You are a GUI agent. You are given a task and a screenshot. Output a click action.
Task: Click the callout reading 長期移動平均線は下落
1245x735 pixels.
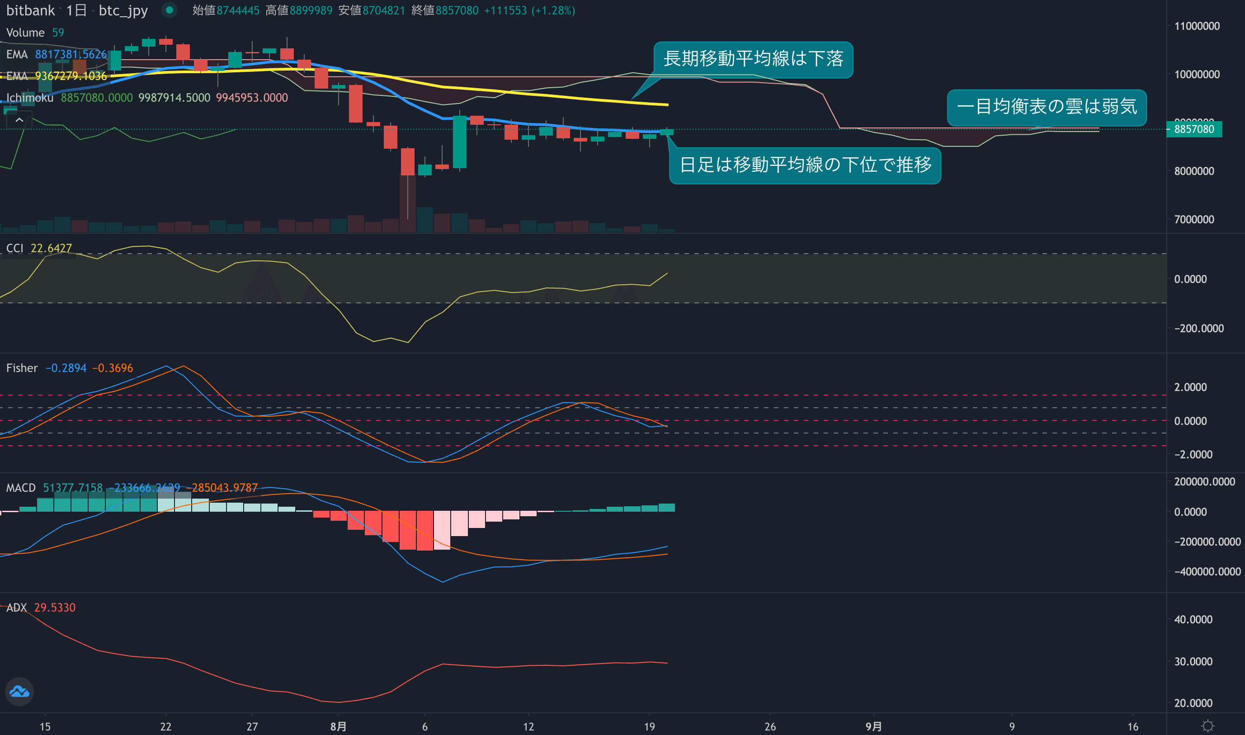tap(753, 59)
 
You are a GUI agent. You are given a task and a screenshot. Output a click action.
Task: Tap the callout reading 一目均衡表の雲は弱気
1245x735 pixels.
tap(1047, 107)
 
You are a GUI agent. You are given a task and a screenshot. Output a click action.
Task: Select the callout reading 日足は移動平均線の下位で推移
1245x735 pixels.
tap(805, 165)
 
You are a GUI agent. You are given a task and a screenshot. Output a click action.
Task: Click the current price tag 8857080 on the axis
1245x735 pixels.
tap(1193, 129)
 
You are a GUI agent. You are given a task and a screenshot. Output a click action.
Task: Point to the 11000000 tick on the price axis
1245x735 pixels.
tap(1197, 26)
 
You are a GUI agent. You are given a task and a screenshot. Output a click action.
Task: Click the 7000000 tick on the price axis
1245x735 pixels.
tap(1193, 219)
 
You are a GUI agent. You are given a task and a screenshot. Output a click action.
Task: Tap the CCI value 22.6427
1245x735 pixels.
tap(51, 248)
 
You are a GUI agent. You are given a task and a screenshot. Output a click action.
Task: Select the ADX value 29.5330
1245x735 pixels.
tap(55, 607)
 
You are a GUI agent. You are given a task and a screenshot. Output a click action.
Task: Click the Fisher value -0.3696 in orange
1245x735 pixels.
tap(113, 368)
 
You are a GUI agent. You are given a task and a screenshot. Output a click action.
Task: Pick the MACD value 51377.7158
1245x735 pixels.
tap(73, 488)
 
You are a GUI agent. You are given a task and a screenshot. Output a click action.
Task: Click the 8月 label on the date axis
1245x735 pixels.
tap(338, 726)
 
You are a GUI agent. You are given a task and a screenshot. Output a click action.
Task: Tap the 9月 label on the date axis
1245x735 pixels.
tap(873, 726)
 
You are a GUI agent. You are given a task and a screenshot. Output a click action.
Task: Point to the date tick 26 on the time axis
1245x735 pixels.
tap(769, 726)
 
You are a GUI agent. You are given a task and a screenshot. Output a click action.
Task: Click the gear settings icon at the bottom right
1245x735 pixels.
tap(1208, 726)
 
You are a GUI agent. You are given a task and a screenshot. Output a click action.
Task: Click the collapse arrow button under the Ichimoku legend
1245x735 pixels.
tap(19, 120)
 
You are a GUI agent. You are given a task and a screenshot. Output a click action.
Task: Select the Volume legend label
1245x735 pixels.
tap(25, 33)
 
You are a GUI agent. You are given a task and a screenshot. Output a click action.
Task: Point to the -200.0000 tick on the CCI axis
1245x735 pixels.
tap(1198, 328)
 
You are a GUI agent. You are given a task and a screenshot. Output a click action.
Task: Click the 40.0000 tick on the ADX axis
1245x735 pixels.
tap(1193, 619)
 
